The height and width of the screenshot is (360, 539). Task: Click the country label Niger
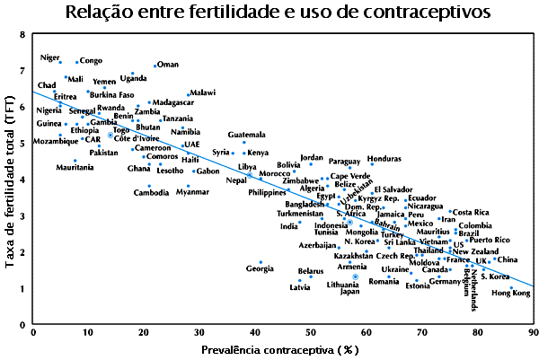[50, 58]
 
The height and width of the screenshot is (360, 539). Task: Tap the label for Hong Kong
[510, 294]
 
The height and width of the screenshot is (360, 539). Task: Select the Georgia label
[260, 268]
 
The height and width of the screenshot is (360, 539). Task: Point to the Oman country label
[168, 65]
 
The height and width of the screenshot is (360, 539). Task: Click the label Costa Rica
[471, 212]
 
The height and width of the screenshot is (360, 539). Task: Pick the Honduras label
[384, 159]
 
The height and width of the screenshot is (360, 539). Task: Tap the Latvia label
[300, 287]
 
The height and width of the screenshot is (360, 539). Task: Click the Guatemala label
[247, 135]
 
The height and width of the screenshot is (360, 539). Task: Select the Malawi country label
[202, 92]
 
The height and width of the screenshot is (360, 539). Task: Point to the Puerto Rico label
[490, 240]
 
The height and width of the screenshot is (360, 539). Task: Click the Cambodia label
[151, 192]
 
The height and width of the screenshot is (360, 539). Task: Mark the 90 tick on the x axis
[534, 333]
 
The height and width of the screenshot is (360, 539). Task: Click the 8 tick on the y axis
[22, 34]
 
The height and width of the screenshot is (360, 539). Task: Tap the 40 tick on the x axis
[254, 333]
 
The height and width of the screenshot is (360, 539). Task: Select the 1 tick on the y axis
[22, 287]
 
